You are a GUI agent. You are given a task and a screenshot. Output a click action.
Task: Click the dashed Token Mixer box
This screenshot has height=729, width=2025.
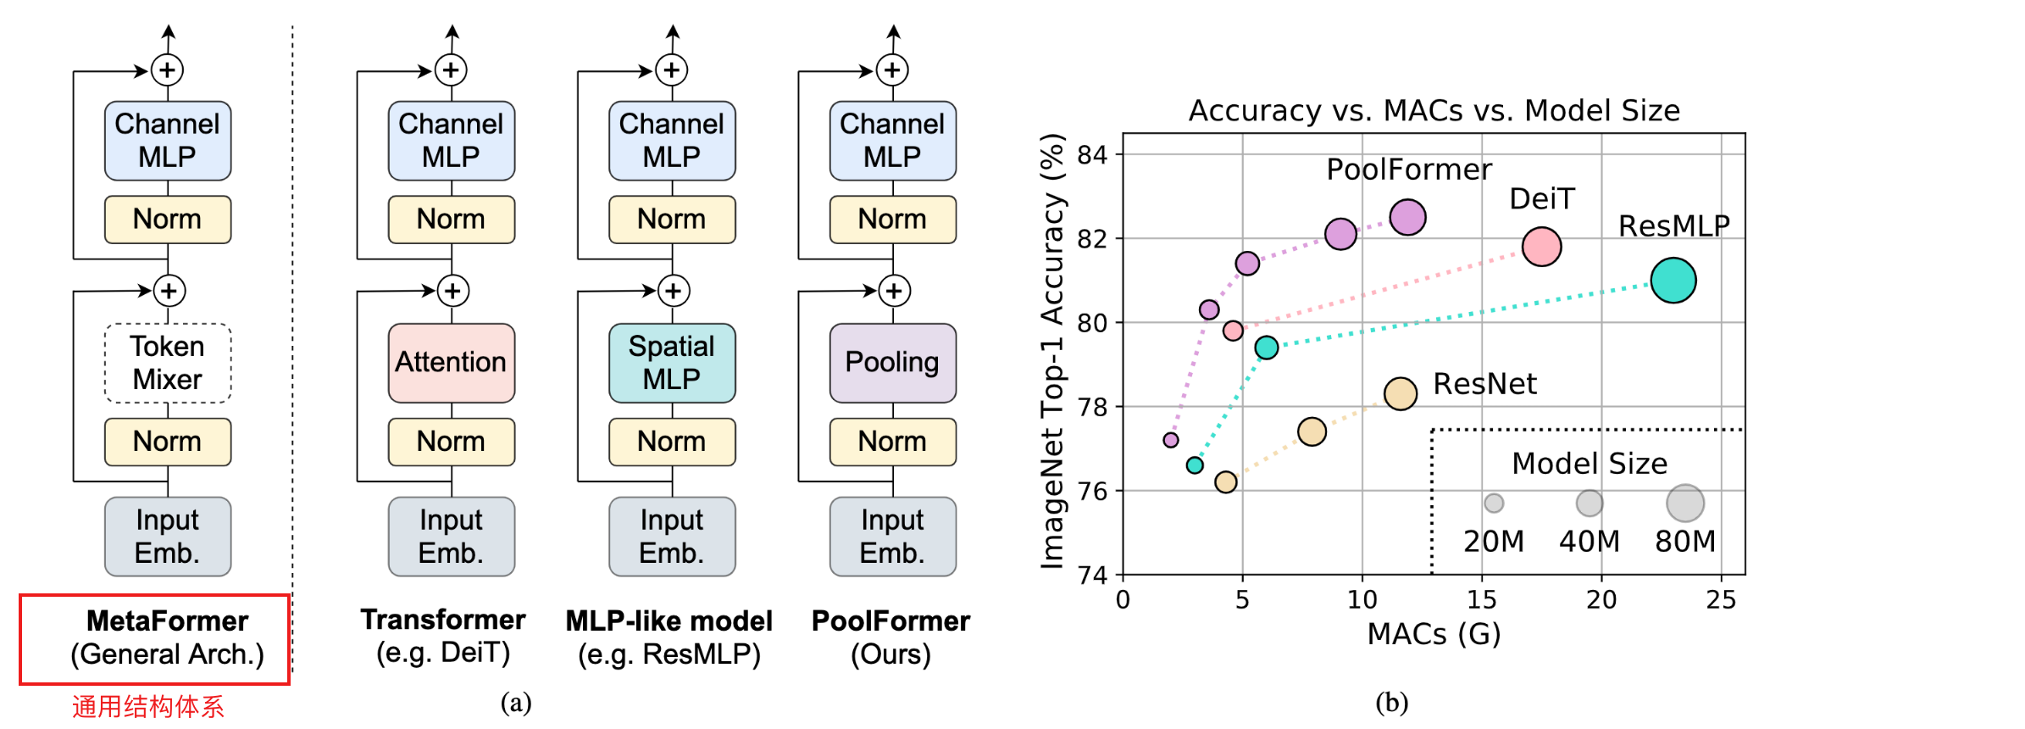168,363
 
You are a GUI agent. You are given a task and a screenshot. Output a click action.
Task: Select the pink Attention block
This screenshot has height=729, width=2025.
451,363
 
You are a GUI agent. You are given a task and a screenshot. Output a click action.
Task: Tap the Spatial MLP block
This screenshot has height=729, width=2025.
672,363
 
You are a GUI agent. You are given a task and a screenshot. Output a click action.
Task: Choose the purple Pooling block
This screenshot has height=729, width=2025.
892,363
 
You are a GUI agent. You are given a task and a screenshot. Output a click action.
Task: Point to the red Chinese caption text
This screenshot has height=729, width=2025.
148,706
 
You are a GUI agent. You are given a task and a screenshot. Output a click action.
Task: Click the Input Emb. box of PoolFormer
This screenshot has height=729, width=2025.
892,537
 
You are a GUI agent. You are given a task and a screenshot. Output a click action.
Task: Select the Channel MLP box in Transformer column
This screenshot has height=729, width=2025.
451,141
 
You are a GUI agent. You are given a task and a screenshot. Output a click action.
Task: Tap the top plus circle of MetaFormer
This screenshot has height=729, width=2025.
168,70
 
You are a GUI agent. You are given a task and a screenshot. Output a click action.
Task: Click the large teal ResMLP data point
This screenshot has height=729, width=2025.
1673,281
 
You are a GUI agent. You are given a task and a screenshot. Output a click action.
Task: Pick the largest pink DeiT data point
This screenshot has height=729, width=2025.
1541,247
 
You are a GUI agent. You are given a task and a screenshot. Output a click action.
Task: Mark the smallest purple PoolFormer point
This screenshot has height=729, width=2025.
1171,440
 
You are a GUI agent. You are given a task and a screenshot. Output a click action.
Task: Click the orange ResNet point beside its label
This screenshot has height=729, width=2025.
1400,393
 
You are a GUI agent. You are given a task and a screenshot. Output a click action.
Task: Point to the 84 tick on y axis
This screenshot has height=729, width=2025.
1092,155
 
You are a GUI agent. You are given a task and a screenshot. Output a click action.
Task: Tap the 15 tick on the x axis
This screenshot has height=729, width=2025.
1481,600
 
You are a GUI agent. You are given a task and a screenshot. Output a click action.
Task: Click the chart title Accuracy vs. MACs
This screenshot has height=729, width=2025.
1434,111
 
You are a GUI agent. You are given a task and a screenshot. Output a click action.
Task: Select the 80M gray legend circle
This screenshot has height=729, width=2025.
1684,504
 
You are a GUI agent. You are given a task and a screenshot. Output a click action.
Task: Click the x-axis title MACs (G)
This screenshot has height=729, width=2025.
1434,634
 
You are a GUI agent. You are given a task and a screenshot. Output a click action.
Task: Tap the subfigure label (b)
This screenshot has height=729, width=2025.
1391,703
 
